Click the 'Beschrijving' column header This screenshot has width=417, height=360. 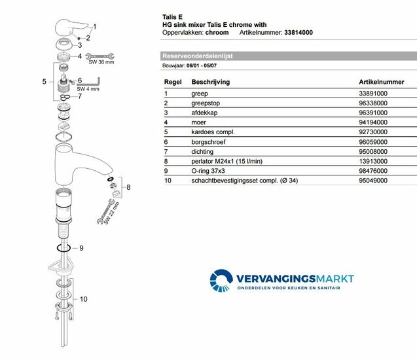pos(209,83)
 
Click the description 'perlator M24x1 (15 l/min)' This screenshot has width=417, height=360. pos(229,161)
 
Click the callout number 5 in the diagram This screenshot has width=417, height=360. pos(44,82)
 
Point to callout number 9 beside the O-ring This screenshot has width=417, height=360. pos(81,248)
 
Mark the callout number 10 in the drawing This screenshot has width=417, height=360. pos(83,299)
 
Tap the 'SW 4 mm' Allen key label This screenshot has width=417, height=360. pos(87,89)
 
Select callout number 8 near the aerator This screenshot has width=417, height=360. pos(128,188)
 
